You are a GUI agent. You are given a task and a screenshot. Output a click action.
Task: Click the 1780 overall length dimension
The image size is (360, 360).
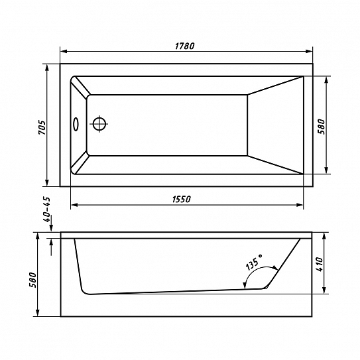point(184,46)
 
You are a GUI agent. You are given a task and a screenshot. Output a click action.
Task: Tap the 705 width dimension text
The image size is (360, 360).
point(42,127)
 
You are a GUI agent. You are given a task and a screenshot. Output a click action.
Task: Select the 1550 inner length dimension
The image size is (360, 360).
point(182,199)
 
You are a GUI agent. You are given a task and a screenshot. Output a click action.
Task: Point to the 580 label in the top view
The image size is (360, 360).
point(321,127)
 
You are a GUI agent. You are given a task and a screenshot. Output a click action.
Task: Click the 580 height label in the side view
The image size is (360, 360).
point(33,280)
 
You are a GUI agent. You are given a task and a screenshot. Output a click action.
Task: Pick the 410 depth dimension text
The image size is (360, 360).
point(319,265)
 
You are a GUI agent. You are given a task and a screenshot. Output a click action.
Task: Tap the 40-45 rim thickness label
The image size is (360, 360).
point(46,210)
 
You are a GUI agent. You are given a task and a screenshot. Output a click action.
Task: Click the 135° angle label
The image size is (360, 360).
point(254,261)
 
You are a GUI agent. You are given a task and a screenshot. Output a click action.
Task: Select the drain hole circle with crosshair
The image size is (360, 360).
point(99,124)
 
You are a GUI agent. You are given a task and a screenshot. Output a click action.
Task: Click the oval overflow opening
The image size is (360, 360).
point(76,124)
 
